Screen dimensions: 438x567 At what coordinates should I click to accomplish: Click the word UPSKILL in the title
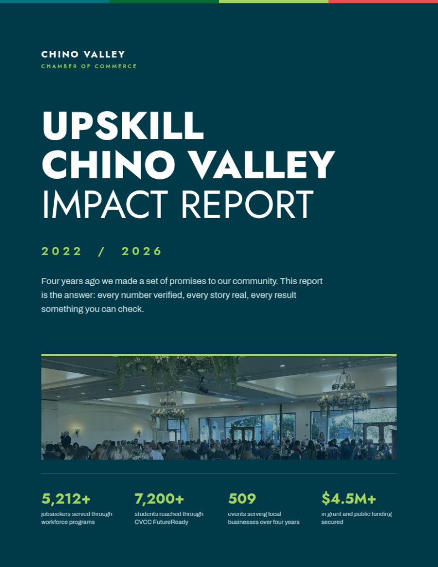pos(123,126)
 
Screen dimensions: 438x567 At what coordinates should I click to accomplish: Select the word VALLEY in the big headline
pos(262,164)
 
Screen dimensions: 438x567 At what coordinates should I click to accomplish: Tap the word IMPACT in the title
pos(105,204)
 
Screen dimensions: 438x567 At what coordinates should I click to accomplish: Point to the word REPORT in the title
pos(247,204)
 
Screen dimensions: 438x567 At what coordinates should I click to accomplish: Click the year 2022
pos(61,251)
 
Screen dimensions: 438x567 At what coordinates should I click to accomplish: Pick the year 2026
pos(141,251)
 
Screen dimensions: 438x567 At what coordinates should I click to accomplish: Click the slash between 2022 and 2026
pos(101,251)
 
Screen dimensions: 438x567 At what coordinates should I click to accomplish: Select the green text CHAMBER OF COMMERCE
pos(89,66)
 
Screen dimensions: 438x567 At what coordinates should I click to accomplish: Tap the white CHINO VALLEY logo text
pos(83,54)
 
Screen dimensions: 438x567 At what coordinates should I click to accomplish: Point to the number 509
pos(242,499)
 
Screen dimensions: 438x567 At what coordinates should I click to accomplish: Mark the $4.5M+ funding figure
pos(349,499)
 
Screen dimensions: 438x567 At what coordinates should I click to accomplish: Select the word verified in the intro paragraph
pos(168,295)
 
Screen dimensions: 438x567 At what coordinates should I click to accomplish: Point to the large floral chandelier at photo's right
pos(344,400)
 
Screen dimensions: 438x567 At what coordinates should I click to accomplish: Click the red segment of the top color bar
pos(383,2)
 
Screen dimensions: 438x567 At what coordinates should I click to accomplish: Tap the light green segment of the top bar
pos(274,2)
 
